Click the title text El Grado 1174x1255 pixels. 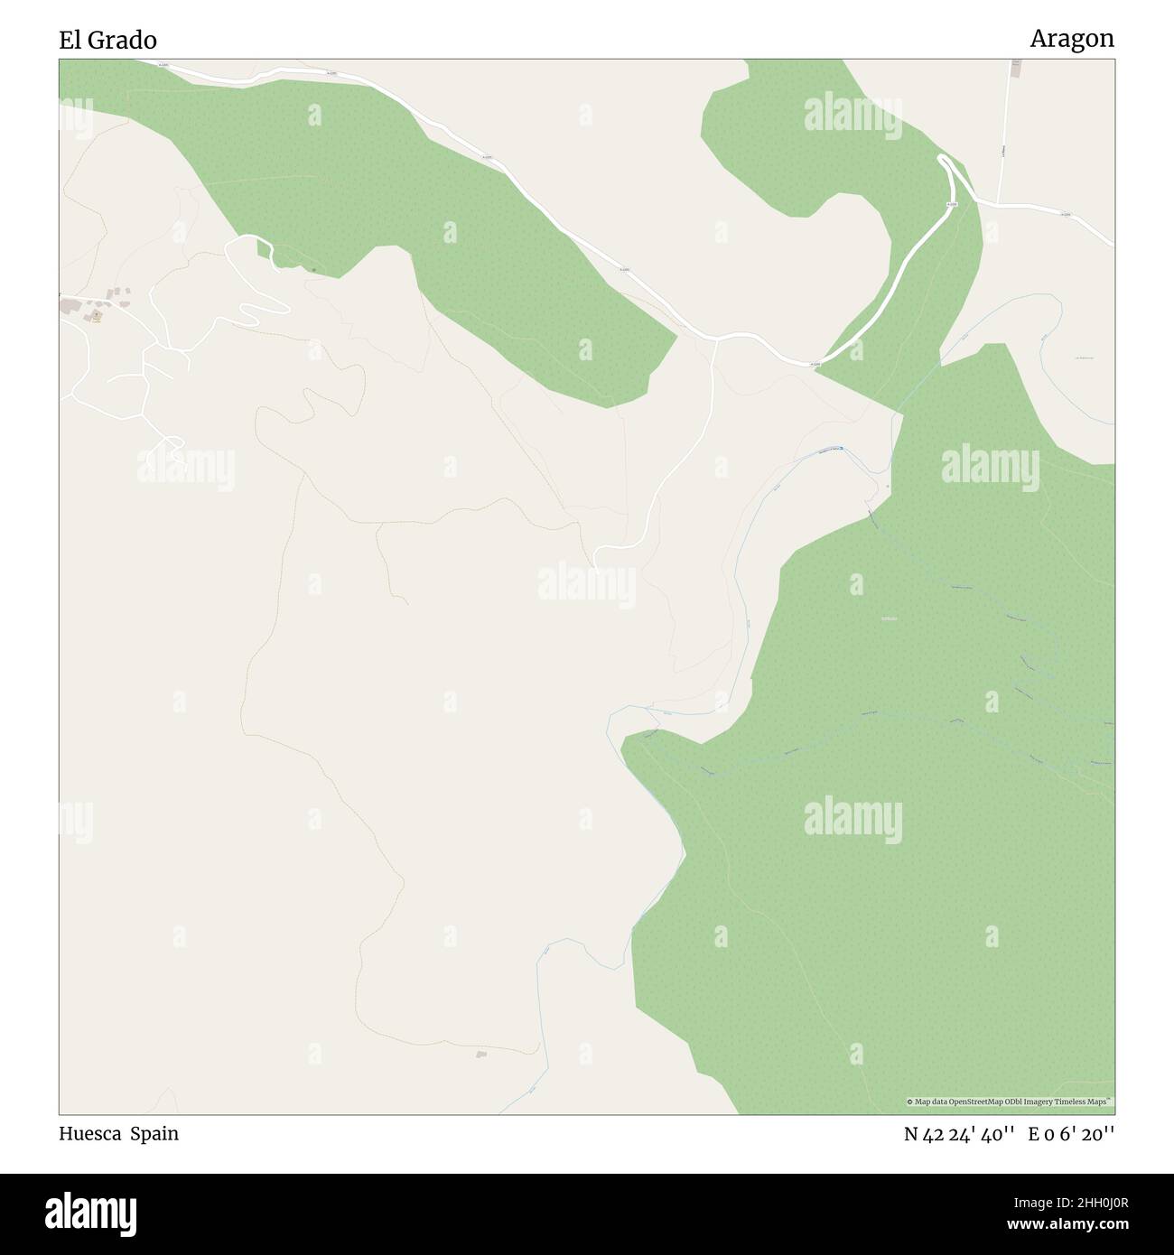(x=107, y=40)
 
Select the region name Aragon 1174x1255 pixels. (x=1072, y=39)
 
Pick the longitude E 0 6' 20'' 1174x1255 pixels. (x=1071, y=1135)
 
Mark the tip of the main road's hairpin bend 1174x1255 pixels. (x=943, y=160)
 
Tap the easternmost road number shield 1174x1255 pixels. (x=1066, y=215)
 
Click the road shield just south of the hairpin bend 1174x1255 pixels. (x=951, y=205)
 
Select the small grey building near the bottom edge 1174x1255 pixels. (x=481, y=1054)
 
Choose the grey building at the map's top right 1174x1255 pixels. (x=1015, y=68)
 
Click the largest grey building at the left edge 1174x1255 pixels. (x=69, y=307)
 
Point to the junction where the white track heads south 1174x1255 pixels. (x=715, y=340)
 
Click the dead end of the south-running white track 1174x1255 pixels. (x=596, y=571)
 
